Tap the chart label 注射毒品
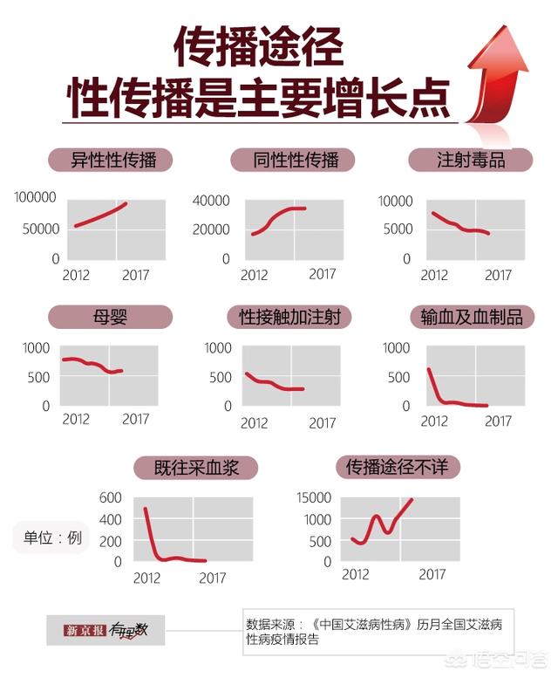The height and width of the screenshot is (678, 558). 471,160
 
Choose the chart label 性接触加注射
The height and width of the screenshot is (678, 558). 290,317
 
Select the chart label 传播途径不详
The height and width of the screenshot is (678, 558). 397,468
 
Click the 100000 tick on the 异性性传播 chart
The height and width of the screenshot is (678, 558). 37,198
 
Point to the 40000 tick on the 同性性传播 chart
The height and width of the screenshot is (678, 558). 211,202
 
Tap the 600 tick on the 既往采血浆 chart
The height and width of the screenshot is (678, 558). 110,498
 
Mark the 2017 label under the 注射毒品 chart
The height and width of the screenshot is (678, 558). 498,275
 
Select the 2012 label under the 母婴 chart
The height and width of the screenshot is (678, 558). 76,420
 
